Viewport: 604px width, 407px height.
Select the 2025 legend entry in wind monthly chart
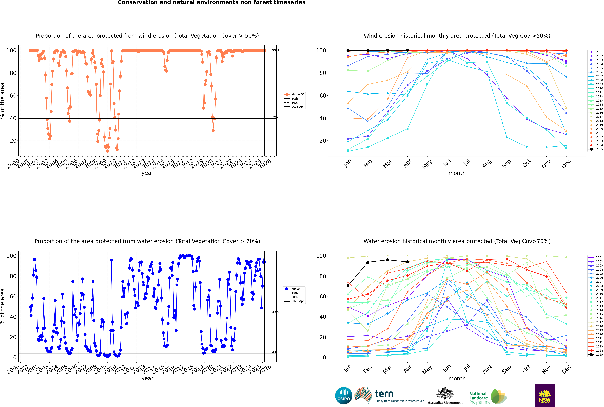pos(596,149)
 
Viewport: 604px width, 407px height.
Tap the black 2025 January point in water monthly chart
pos(348,286)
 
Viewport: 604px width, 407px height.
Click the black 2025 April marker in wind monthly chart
pos(407,50)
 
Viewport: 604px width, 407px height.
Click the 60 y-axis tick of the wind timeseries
pos(13,96)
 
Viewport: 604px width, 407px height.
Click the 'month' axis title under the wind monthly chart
pos(457,173)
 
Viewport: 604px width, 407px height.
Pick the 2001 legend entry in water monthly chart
pos(596,257)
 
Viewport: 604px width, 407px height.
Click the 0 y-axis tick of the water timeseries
pos(15,357)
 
